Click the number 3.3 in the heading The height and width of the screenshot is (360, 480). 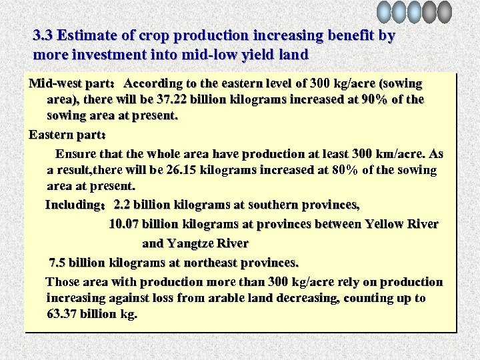pyautogui.click(x=43, y=35)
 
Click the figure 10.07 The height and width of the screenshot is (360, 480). pyautogui.click(x=125, y=224)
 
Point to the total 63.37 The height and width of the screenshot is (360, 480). pyautogui.click(x=64, y=314)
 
